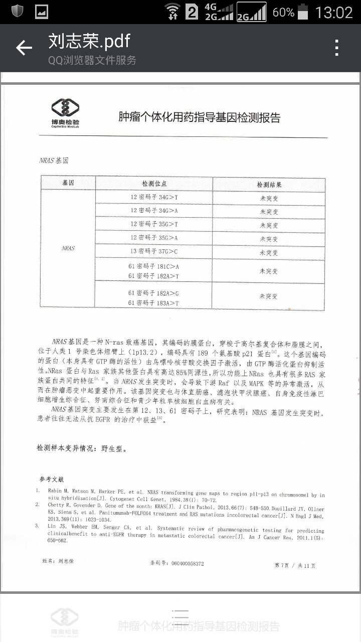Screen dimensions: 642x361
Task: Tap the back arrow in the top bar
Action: point(24,48)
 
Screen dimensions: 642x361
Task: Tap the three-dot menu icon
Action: point(337,48)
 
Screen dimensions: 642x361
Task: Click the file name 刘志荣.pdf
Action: point(89,41)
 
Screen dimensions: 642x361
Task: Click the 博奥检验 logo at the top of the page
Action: point(65,113)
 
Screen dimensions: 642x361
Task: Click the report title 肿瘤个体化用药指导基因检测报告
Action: point(199,117)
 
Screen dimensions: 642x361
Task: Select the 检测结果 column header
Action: point(269,185)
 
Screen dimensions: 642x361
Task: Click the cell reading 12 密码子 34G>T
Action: point(154,198)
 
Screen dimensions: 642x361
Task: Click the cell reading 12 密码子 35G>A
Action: point(154,238)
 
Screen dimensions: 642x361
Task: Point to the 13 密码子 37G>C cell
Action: point(154,251)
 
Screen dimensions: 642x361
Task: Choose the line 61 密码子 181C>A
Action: point(153,266)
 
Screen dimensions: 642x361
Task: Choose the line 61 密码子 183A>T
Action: point(153,303)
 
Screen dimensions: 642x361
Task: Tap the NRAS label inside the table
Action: point(68,248)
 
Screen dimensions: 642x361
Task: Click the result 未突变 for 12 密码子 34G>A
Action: point(269,212)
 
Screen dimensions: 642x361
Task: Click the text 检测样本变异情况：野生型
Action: point(82,448)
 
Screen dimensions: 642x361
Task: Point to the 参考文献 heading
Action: point(52,479)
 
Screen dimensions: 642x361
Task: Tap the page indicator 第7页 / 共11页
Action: point(295,565)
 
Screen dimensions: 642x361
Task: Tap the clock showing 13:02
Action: point(334,12)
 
